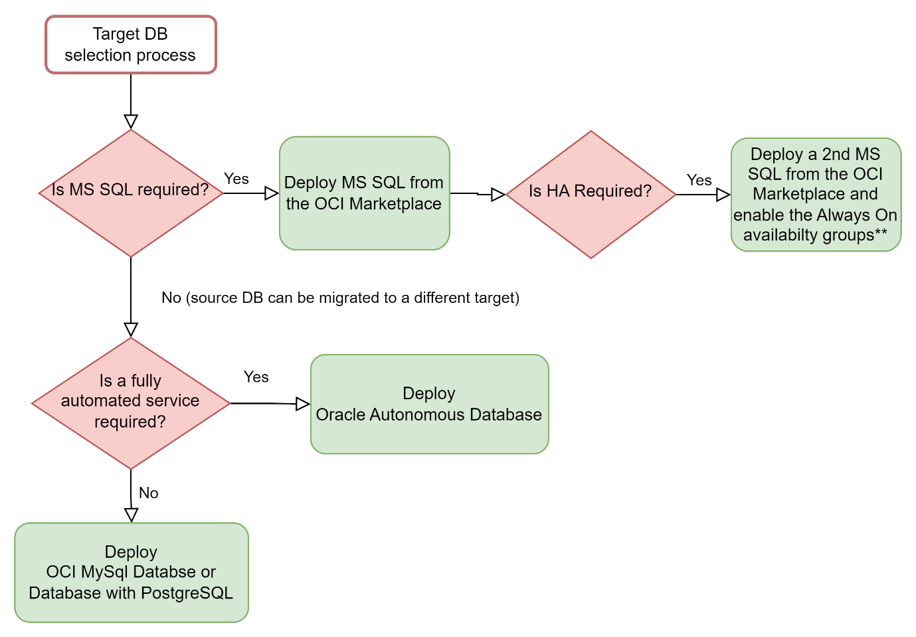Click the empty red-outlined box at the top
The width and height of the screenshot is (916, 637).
(131, 45)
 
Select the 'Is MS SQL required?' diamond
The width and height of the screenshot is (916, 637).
(131, 193)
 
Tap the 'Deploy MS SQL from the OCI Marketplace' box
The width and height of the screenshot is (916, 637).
(364, 193)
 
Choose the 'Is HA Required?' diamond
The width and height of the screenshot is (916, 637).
(591, 194)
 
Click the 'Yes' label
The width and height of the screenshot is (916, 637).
(699, 180)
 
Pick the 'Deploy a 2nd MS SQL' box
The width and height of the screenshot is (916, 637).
(816, 194)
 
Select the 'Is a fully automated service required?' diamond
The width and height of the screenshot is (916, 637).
(131, 403)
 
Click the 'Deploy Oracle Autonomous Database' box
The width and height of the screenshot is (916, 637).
(429, 404)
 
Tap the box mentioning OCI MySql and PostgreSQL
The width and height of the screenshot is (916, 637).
(131, 573)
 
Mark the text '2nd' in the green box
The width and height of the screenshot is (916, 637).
(836, 154)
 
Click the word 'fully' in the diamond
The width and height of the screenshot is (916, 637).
(146, 381)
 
